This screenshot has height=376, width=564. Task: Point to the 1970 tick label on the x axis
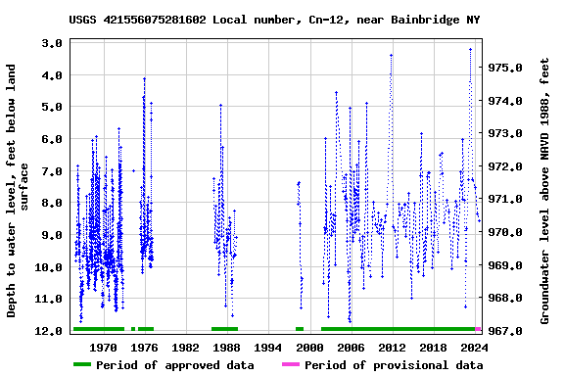103,347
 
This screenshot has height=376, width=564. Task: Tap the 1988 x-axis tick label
226,347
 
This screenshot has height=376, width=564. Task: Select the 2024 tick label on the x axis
474,347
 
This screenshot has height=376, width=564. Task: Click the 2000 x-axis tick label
309,347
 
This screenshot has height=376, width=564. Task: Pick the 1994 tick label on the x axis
268,347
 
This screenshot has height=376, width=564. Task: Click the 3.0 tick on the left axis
53,43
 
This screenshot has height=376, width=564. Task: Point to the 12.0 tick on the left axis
50,331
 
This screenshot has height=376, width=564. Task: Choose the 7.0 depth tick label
53,171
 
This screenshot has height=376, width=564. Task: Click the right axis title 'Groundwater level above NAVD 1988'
544,191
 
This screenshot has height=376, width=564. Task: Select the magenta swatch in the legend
291,365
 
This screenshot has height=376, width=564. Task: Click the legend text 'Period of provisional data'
393,365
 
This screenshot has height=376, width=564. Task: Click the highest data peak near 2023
470,48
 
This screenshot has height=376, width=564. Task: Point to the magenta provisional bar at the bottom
478,329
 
